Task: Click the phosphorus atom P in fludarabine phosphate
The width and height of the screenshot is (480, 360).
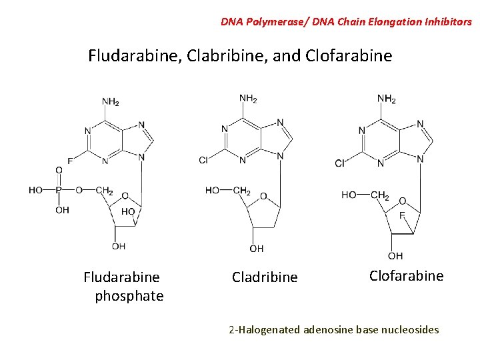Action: click(59, 190)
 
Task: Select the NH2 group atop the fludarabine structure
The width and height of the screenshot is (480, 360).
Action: click(111, 102)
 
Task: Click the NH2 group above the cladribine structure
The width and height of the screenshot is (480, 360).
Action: click(248, 99)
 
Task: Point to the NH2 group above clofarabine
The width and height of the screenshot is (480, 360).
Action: click(387, 99)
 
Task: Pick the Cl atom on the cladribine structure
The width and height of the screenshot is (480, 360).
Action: click(204, 160)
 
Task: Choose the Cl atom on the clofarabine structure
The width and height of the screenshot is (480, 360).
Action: click(340, 163)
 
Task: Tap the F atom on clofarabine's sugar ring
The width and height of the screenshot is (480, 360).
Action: click(402, 215)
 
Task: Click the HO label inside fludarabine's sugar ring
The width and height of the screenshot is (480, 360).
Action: click(128, 211)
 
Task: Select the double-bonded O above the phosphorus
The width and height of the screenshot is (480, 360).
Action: click(59, 171)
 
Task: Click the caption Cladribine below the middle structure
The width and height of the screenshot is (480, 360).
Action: click(265, 277)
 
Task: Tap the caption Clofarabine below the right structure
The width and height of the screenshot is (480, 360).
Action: click(406, 276)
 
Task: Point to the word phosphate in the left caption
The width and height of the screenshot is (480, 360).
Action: click(129, 296)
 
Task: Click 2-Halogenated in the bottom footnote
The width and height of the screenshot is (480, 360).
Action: click(264, 329)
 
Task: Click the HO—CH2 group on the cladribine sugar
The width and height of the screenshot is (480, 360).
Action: click(228, 191)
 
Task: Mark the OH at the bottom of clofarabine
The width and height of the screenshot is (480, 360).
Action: click(395, 256)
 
